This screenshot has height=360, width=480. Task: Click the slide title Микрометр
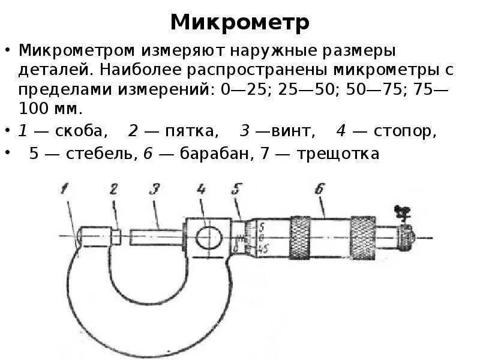[240, 23]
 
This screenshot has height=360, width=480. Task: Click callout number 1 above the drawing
[64, 190]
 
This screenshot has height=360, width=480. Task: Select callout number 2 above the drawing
[113, 190]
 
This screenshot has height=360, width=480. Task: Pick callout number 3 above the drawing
[154, 190]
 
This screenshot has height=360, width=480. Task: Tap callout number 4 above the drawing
[201, 190]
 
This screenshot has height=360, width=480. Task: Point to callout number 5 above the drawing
[236, 190]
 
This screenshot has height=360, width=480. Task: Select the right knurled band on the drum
[362, 238]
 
